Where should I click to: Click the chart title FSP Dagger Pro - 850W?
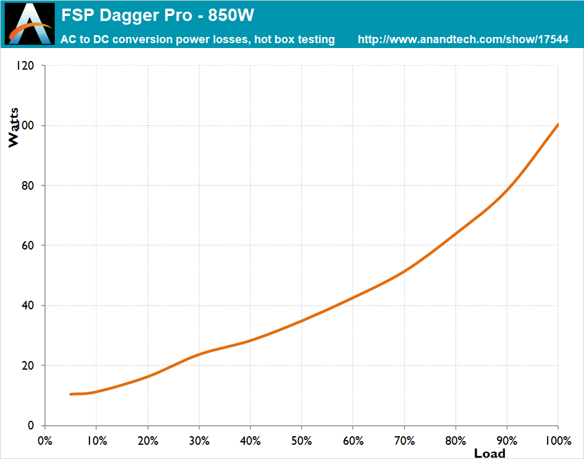click(x=157, y=14)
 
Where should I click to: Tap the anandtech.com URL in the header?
click(x=463, y=39)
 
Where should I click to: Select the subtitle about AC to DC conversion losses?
click(x=197, y=39)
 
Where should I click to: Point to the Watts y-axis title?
click(x=14, y=128)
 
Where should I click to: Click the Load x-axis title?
click(x=489, y=453)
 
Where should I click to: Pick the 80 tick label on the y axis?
click(x=28, y=185)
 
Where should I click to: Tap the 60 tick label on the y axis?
click(x=28, y=245)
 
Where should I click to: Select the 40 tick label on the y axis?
click(x=28, y=306)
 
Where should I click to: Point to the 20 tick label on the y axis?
click(x=28, y=365)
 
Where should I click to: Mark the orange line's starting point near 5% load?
click(x=71, y=394)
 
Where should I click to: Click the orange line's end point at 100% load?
click(x=557, y=124)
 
